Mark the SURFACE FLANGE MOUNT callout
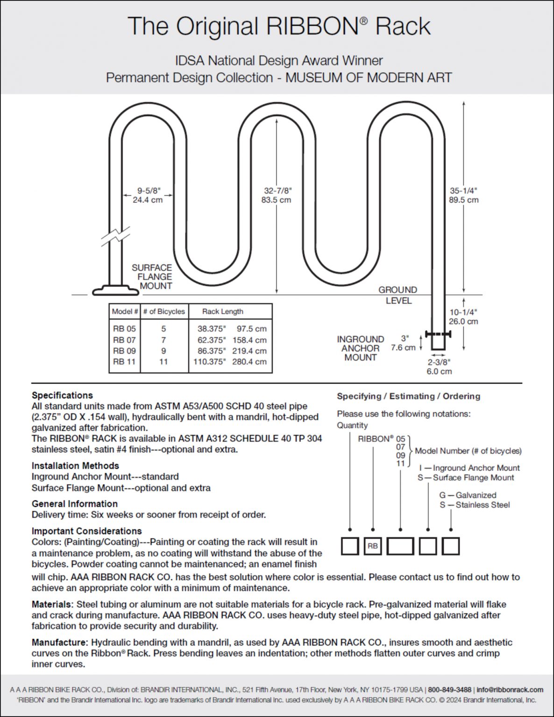pyautogui.click(x=152, y=276)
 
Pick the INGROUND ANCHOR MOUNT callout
pyautogui.click(x=360, y=348)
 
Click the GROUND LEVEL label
pyautogui.click(x=398, y=295)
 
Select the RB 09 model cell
pyautogui.click(x=124, y=351)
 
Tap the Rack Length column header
pyautogui.click(x=222, y=311)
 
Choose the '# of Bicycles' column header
pyautogui.click(x=164, y=311)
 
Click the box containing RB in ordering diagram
pyautogui.click(x=373, y=546)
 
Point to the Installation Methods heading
pyautogui.click(x=75, y=465)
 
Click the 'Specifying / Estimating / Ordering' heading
pyautogui.click(x=408, y=396)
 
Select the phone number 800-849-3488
pyautogui.click(x=449, y=689)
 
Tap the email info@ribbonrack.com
pyautogui.click(x=510, y=689)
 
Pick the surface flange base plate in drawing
pyautogui.click(x=115, y=291)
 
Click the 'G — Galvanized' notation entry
pyautogui.click(x=468, y=495)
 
